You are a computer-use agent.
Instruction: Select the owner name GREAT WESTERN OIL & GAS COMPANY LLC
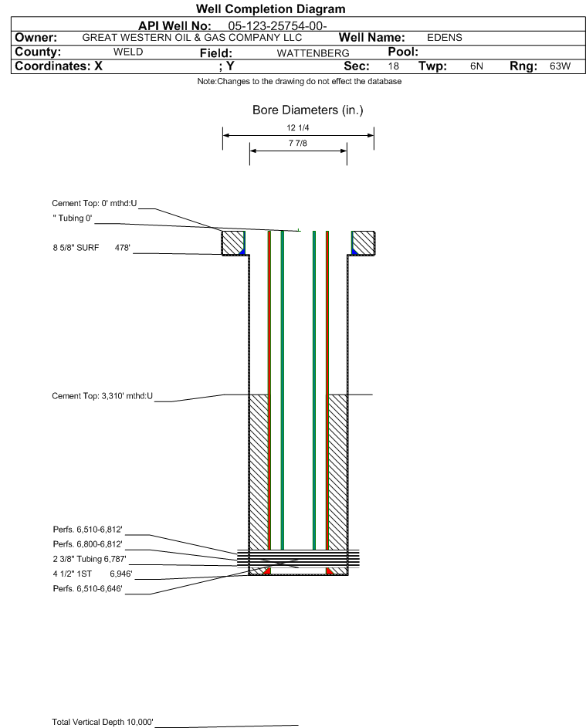[191, 38]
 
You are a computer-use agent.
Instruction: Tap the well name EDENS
[444, 38]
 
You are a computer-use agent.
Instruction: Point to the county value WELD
[128, 52]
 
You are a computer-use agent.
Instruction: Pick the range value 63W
[560, 66]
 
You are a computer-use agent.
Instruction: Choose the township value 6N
[476, 66]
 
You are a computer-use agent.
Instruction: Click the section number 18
[394, 66]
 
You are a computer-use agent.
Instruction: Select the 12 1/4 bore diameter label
[298, 128]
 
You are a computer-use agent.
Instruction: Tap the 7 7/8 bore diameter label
[298, 144]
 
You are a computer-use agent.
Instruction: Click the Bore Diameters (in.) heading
[307, 110]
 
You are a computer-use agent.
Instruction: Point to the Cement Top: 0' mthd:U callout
[94, 203]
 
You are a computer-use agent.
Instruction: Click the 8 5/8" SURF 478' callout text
[90, 248]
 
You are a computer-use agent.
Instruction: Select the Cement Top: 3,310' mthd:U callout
[103, 396]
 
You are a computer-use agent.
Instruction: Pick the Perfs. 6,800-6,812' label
[87, 544]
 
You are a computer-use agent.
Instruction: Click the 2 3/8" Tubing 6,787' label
[89, 558]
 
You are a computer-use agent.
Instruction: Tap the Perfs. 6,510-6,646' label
[87, 588]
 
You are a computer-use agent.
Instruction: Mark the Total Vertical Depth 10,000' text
[103, 722]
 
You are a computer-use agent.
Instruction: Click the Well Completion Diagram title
[271, 9]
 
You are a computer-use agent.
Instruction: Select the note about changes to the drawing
[300, 81]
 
